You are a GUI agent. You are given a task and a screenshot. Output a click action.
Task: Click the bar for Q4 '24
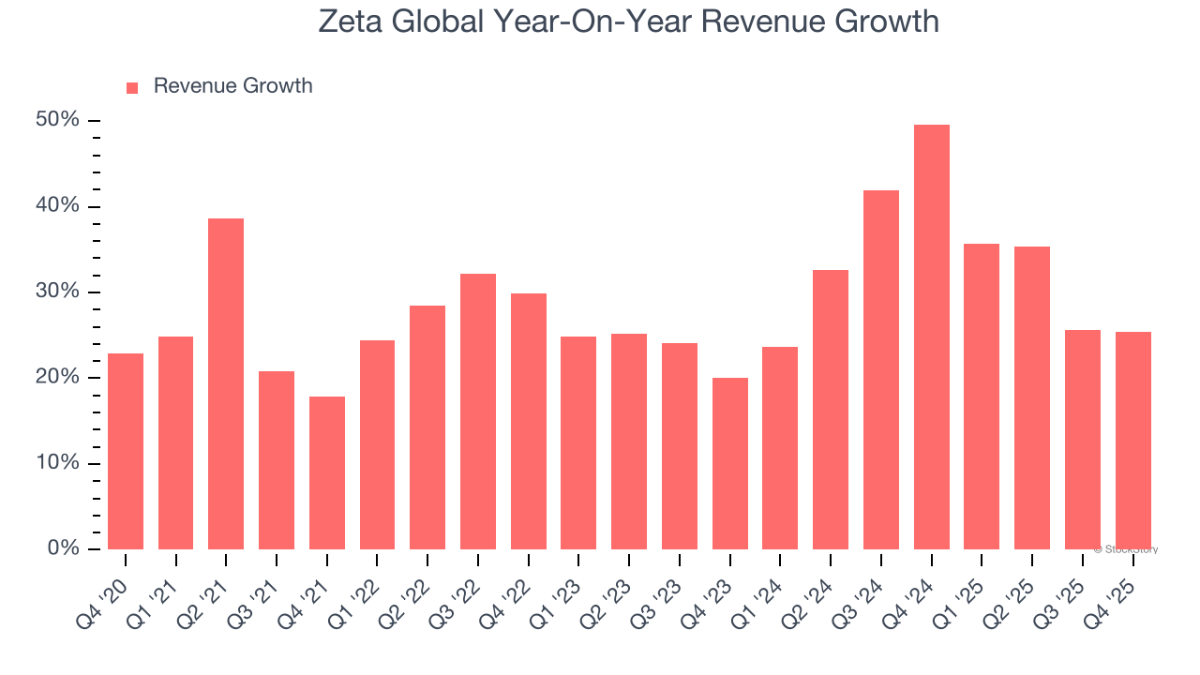[931, 337]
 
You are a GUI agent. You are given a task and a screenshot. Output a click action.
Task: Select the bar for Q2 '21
[226, 384]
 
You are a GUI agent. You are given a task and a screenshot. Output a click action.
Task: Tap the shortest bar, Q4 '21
[327, 473]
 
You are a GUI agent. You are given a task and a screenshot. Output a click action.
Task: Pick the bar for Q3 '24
[881, 370]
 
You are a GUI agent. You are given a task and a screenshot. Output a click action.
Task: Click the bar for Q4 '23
[729, 464]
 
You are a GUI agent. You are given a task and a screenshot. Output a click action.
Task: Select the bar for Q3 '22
[478, 412]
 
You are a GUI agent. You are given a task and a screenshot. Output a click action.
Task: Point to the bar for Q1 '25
[982, 397]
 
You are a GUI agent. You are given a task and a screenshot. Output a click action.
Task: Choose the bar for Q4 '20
[126, 452]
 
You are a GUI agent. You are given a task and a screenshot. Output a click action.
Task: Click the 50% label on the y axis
[58, 120]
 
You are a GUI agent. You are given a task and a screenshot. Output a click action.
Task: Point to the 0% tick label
[63, 548]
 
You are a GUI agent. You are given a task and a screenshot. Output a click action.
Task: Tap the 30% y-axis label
[58, 292]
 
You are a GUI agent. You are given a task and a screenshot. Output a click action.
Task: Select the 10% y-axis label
[58, 463]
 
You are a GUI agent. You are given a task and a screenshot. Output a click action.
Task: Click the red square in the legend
[132, 87]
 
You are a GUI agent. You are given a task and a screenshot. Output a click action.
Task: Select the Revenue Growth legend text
[232, 86]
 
